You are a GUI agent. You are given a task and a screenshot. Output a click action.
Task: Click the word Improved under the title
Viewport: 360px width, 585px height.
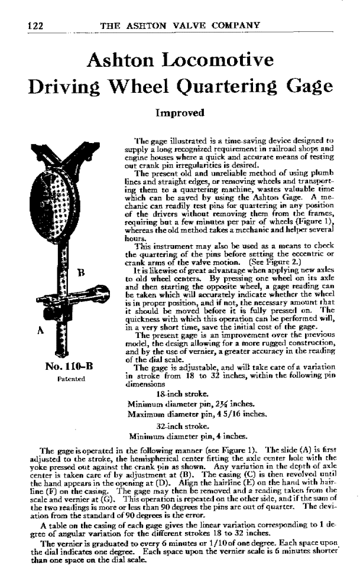click(x=180, y=112)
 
